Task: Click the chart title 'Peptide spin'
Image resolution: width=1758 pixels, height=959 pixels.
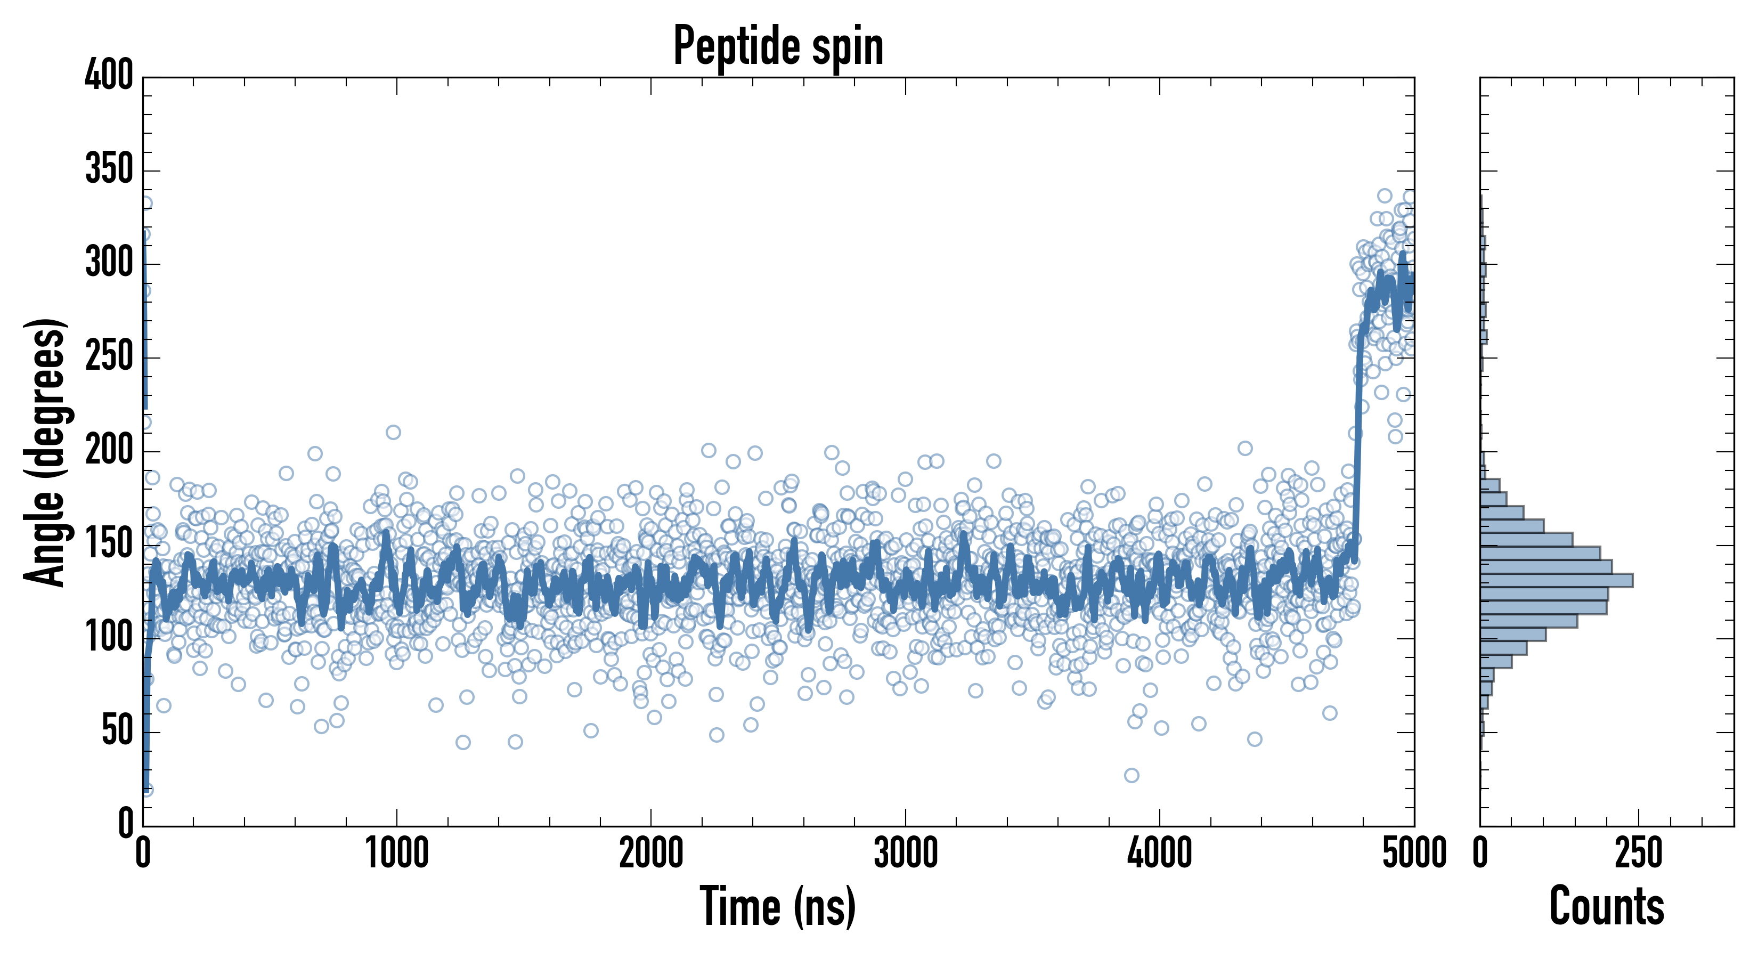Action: pos(778,46)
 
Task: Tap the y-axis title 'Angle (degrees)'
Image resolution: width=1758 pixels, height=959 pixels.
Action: pos(46,452)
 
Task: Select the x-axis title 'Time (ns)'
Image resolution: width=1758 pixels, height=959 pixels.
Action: pos(778,906)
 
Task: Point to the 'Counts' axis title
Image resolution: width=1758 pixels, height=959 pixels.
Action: pos(1607,906)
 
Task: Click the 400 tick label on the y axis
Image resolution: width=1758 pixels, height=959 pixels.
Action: pos(109,75)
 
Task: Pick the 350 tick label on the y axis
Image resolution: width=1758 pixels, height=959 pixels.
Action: pos(109,169)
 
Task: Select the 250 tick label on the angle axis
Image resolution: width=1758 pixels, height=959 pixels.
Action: pos(109,356)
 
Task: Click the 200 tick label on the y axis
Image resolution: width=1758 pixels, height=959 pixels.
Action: pos(109,451)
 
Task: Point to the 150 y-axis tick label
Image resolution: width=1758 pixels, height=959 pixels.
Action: pos(109,544)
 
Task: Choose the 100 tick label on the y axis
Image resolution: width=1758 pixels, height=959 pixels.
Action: pos(109,638)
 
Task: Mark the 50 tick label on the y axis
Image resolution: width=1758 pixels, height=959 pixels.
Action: pos(117,731)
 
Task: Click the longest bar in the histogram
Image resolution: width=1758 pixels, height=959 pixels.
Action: pos(1556,580)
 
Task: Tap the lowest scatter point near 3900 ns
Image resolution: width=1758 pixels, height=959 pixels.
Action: pos(1132,775)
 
